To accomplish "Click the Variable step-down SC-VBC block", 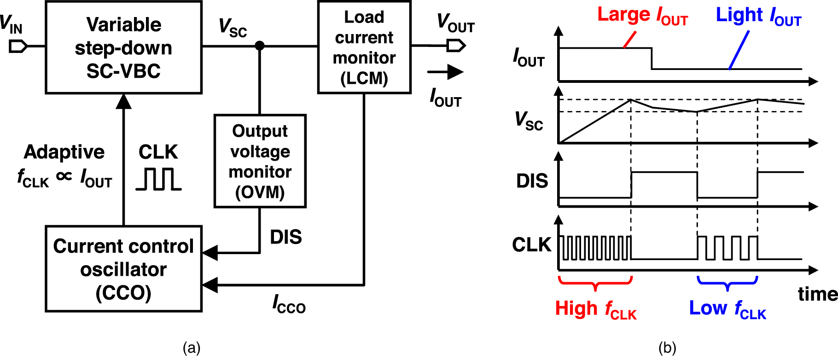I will pyautogui.click(x=123, y=47).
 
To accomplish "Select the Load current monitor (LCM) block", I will pyautogui.click(x=364, y=47).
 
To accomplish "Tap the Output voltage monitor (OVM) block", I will pyautogui.click(x=260, y=161).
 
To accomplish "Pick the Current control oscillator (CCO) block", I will pyautogui.click(x=123, y=269).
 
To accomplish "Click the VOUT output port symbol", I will pyautogui.click(x=456, y=46).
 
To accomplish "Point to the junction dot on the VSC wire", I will pyautogui.click(x=260, y=46).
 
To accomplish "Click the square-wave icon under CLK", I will pyautogui.click(x=158, y=179).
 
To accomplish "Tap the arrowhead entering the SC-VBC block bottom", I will pyautogui.click(x=123, y=101).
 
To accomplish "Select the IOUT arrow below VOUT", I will pyautogui.click(x=445, y=72).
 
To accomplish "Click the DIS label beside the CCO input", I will pyautogui.click(x=286, y=237).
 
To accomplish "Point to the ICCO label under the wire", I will pyautogui.click(x=289, y=305).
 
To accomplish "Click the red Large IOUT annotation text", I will pyautogui.click(x=642, y=16).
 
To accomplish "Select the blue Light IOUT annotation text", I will pyautogui.click(x=758, y=16).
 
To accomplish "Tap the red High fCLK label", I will pyautogui.click(x=595, y=309).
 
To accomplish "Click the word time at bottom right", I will pyautogui.click(x=817, y=294).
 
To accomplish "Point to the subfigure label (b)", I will pyautogui.click(x=667, y=348).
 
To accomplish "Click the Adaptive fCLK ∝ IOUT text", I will pyautogui.click(x=64, y=165).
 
